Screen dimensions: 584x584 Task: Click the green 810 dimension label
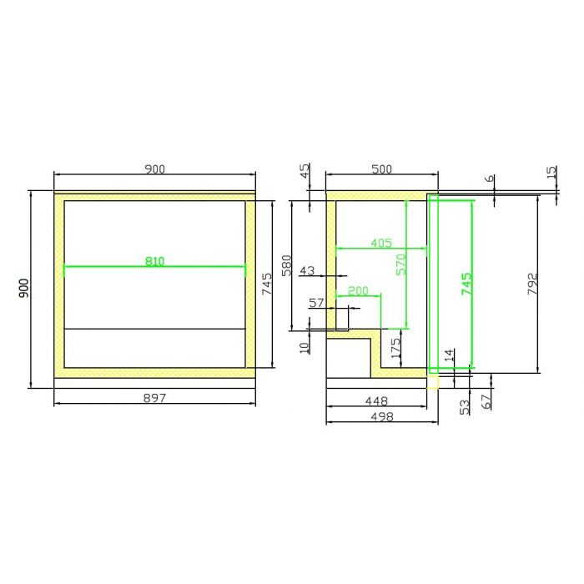coord(154,261)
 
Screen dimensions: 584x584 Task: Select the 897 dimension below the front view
coord(154,398)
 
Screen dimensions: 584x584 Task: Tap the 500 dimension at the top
coord(382,169)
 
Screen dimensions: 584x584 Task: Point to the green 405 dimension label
coord(381,244)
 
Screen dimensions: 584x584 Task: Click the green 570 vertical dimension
coord(401,264)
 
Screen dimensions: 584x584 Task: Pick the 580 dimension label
coord(286,265)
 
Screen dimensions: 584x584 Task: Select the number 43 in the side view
coord(307,270)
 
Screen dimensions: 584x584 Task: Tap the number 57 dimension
coord(316,303)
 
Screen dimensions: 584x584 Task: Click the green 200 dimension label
coord(358,290)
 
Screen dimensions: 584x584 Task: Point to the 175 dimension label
coord(395,348)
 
